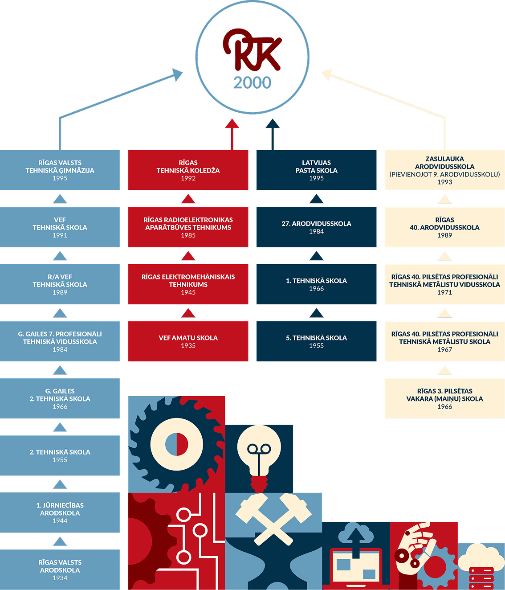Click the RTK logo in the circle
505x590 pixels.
coord(252,50)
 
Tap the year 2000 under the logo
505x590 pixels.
coord(252,82)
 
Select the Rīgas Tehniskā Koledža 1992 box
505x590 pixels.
coord(188,170)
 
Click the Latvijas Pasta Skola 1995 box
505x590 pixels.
coord(316,170)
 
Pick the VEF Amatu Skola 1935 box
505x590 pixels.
coord(188,341)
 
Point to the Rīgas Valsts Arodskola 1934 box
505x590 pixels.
coord(60,570)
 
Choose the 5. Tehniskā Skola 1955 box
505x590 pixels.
coord(316,341)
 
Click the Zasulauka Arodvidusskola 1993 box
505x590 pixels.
coord(444,170)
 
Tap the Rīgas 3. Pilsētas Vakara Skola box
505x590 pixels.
coord(444,398)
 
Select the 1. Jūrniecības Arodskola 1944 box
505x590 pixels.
coord(60,512)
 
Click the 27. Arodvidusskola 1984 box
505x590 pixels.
coord(316,227)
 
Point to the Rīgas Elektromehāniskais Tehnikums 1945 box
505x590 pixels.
coord(188,284)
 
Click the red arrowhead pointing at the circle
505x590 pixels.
coord(232,123)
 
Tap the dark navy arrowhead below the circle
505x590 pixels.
coord(273,123)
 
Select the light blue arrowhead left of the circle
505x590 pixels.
coord(178,74)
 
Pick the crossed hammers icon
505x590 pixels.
coord(273,517)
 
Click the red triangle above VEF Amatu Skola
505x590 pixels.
coord(188,313)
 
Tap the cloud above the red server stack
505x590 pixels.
coord(481,555)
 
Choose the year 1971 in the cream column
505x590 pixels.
coord(444,292)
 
